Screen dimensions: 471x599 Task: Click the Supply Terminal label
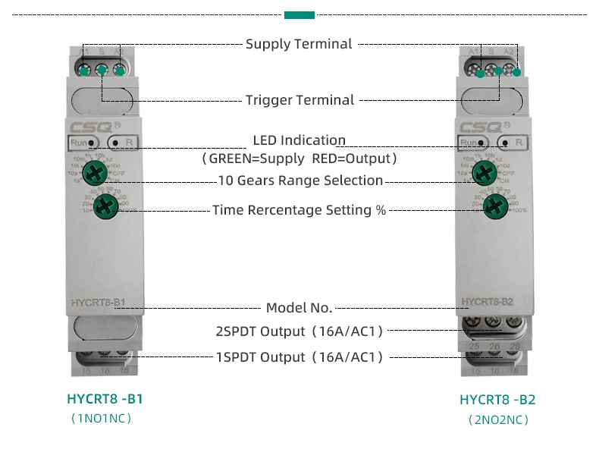click(299, 44)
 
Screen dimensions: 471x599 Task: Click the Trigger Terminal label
click(299, 100)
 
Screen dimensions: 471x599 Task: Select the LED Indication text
click(299, 140)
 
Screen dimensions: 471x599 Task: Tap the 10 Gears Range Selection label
click(300, 181)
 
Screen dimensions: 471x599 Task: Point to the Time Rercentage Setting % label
click(299, 210)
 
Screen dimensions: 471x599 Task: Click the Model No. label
click(299, 308)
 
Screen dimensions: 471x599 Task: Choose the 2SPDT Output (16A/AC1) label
click(299, 331)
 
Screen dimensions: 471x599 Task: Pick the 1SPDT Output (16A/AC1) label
click(299, 356)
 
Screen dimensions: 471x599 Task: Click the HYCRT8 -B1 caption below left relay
click(105, 399)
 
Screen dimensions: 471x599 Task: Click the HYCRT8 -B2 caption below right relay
click(497, 400)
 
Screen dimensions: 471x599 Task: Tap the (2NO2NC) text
click(497, 419)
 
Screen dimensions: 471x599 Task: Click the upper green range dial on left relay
click(95, 172)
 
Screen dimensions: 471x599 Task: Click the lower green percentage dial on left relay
click(110, 204)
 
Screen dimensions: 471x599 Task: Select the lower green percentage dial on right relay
click(496, 205)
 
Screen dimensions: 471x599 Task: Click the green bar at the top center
click(299, 14)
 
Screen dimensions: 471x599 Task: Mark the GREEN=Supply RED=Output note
click(299, 159)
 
